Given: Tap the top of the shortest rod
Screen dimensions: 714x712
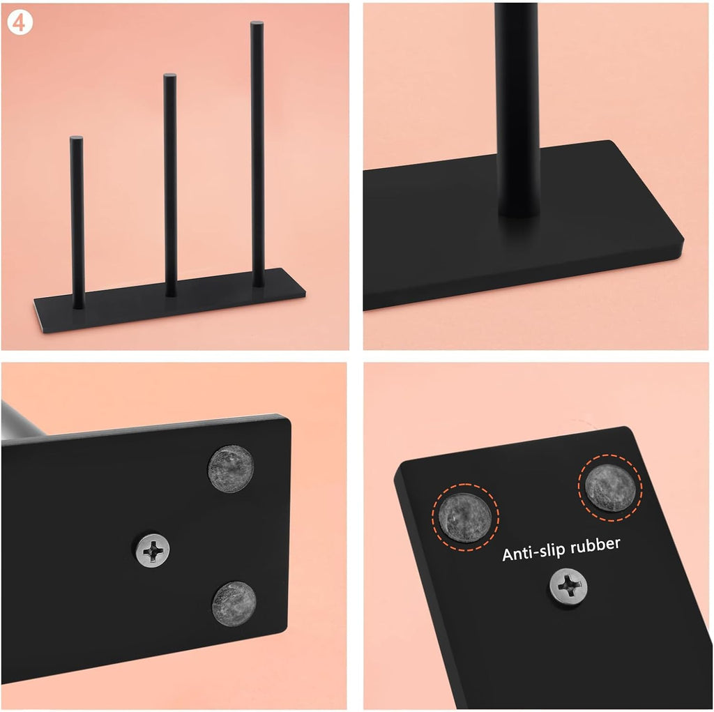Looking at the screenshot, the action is click(x=76, y=137).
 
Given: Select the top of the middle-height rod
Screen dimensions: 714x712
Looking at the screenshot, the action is click(x=170, y=75).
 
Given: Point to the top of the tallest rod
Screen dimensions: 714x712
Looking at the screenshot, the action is click(x=257, y=23).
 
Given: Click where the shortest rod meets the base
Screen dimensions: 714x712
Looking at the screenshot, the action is click(x=78, y=306).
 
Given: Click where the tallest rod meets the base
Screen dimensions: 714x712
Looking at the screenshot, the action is click(x=258, y=285).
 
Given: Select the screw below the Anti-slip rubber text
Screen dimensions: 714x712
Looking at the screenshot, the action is click(x=568, y=586).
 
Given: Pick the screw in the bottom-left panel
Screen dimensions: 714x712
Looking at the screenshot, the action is click(x=153, y=550).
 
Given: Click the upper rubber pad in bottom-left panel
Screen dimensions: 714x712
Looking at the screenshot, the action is click(x=230, y=469).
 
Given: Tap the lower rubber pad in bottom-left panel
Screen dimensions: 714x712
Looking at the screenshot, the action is click(x=234, y=604).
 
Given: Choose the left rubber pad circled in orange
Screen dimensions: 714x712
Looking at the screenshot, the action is click(x=465, y=517).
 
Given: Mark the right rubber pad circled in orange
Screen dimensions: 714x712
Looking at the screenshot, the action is click(x=609, y=487).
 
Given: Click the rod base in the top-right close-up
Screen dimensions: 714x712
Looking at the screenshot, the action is click(x=519, y=209).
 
